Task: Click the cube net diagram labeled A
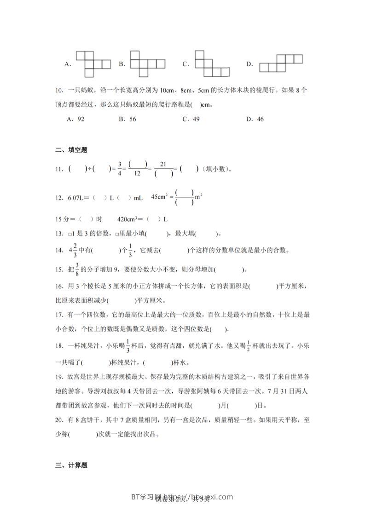(93, 64)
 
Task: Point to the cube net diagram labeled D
(281, 63)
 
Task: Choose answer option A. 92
(76, 119)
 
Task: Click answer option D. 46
(255, 119)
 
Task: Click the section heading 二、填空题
(71, 149)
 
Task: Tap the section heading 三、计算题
(71, 465)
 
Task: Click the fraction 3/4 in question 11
(119, 169)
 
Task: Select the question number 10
(59, 91)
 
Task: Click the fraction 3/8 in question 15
(77, 269)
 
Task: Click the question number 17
(59, 315)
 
